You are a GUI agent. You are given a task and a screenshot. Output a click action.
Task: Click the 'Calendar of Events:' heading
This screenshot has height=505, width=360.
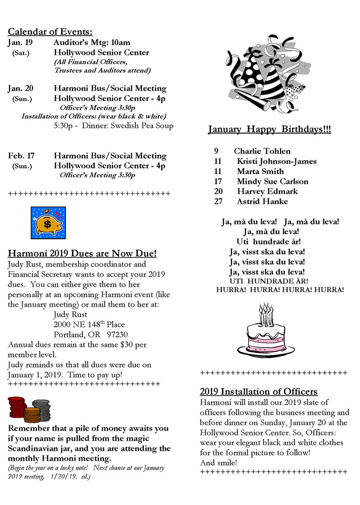pyautogui.click(x=50, y=32)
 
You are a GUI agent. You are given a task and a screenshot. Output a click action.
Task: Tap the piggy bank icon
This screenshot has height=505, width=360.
pyautogui.click(x=48, y=223)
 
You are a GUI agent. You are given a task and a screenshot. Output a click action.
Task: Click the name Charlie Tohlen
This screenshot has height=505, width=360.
pyautogui.click(x=262, y=151)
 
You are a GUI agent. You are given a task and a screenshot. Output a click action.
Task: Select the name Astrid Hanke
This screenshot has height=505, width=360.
pyautogui.click(x=262, y=201)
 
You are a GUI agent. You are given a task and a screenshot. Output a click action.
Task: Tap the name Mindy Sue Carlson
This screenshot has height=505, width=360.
pyautogui.click(x=272, y=181)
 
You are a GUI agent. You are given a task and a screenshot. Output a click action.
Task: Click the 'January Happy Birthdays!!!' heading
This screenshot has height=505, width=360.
pyautogui.click(x=269, y=130)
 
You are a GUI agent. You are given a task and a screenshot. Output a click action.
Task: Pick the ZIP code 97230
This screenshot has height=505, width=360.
pyautogui.click(x=115, y=334)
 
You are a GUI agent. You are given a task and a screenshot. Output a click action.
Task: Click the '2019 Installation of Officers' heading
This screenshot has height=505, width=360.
pyautogui.click(x=259, y=392)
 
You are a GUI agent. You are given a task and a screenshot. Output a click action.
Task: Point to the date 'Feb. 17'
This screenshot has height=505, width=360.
pyautogui.click(x=21, y=156)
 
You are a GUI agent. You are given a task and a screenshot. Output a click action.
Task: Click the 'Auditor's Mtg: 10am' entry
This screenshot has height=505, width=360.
pyautogui.click(x=92, y=42)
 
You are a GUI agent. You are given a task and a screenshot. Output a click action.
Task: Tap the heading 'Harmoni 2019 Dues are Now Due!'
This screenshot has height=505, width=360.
pyautogui.click(x=82, y=253)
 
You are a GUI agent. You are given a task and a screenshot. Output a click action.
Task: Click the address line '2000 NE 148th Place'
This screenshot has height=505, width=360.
pyautogui.click(x=89, y=324)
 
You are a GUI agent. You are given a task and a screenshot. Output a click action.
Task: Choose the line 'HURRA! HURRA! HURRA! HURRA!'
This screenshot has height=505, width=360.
pyautogui.click(x=280, y=290)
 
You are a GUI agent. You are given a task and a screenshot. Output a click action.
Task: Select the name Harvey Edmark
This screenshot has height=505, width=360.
pyautogui.click(x=267, y=191)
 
